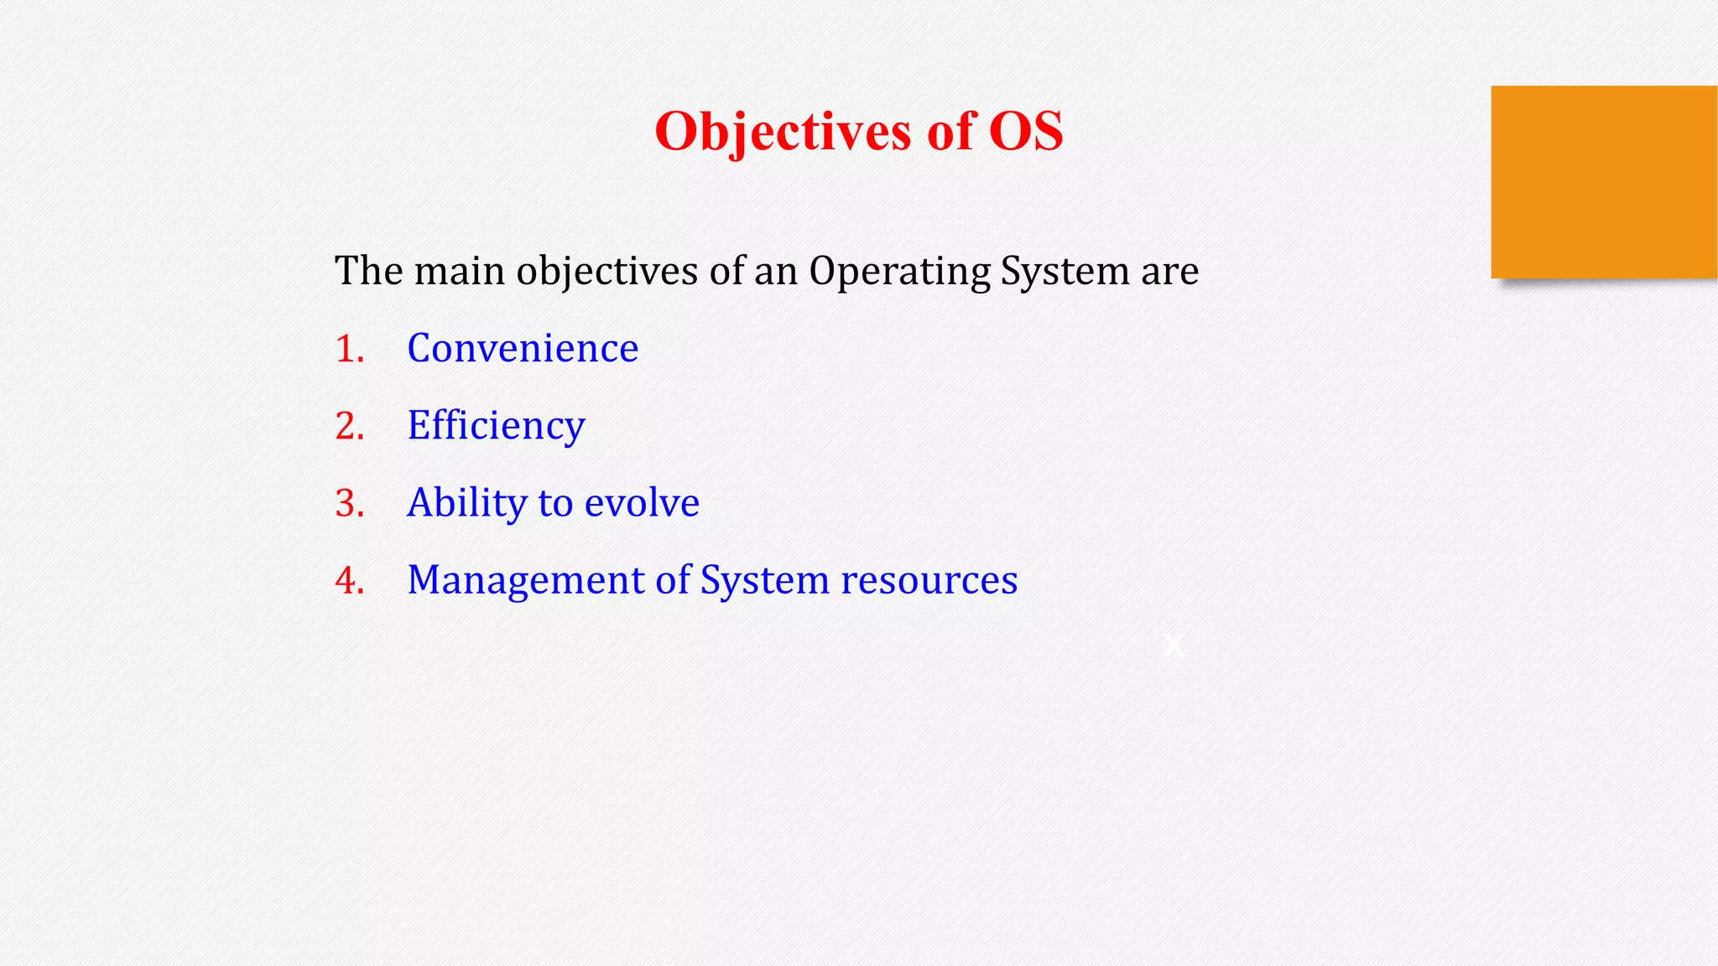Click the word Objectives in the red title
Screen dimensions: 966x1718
(x=782, y=132)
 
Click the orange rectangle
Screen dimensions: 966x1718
(x=1603, y=182)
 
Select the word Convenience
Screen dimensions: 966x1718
(x=523, y=348)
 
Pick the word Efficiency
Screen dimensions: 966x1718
(x=496, y=426)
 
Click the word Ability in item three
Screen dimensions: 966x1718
(x=466, y=503)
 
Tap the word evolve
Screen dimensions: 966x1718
(x=642, y=503)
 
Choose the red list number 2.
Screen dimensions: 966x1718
(x=349, y=426)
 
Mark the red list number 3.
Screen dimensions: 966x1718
(x=349, y=503)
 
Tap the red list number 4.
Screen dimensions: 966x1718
(x=349, y=580)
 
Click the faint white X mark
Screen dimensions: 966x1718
(x=1174, y=645)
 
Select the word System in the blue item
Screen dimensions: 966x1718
(x=764, y=580)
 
